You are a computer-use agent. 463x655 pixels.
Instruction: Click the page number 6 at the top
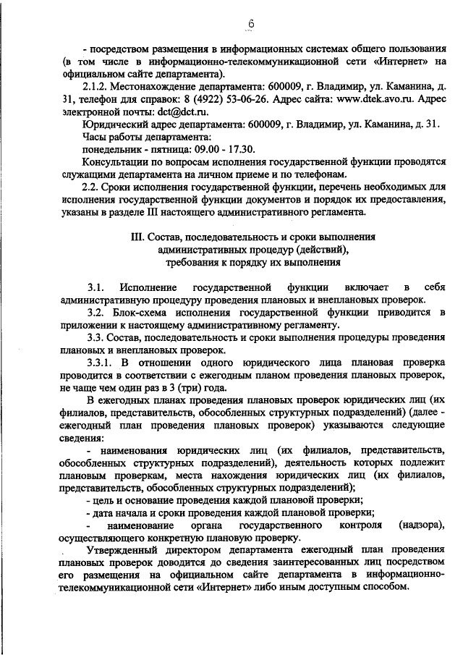pos(251,24)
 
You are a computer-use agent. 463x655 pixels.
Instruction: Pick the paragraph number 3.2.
pos(96,312)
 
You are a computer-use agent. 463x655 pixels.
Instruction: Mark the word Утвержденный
pos(122,550)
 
